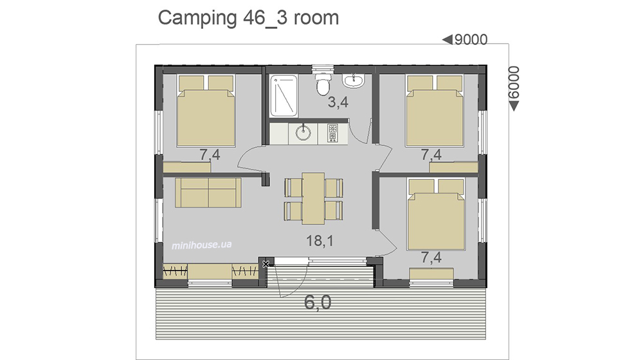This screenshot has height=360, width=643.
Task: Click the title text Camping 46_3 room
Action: (248, 18)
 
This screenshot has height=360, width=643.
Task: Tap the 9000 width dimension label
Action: (471, 40)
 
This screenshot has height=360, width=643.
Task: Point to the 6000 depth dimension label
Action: (513, 82)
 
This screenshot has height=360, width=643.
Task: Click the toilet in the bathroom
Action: (323, 83)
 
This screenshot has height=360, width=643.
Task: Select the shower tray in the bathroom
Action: (284, 96)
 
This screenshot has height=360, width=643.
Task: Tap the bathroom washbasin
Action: (354, 80)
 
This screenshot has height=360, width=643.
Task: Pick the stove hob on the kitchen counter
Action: (332, 133)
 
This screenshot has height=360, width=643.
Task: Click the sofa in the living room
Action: (208, 192)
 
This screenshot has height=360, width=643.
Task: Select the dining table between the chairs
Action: (313, 198)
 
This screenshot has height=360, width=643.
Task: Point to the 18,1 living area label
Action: (320, 240)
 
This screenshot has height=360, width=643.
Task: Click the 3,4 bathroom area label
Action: (338, 102)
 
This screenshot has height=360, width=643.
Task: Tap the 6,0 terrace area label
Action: (318, 303)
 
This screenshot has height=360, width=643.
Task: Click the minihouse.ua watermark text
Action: (201, 245)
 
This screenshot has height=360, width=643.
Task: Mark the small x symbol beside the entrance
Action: (266, 264)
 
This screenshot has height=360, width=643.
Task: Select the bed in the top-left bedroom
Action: (206, 111)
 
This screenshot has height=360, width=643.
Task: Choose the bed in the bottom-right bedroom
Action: (436, 215)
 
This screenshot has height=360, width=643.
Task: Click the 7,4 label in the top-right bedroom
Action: (431, 154)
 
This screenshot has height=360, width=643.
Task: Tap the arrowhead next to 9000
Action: (447, 39)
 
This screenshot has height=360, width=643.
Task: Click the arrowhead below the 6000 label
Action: (514, 106)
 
